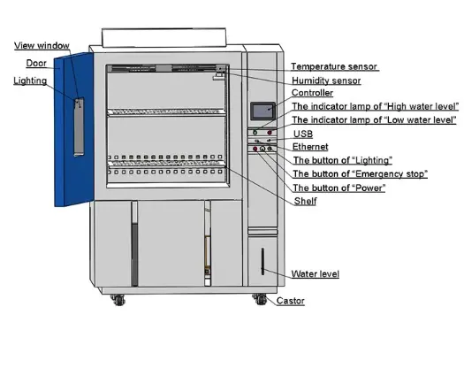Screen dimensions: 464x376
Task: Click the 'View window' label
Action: point(42,46)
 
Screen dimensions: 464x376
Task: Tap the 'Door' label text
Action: point(36,63)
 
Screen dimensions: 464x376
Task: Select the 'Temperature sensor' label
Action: point(334,66)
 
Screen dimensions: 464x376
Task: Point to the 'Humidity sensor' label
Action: point(326,81)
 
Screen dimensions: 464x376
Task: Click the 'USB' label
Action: point(303,134)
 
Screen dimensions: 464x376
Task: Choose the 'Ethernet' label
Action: point(310,147)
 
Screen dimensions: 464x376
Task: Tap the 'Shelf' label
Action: point(305,201)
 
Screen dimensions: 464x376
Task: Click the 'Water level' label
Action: point(316,273)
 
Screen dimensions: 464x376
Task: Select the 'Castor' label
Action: point(290,301)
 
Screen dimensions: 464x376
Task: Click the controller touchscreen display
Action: point(262,111)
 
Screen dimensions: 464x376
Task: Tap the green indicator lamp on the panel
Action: point(255,133)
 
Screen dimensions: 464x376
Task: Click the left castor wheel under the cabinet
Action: point(118,300)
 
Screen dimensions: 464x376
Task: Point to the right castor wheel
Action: point(260,299)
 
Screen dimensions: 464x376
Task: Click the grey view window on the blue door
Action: point(79,127)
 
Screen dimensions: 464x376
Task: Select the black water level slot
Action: point(262,261)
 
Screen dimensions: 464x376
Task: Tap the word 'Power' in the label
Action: point(369,188)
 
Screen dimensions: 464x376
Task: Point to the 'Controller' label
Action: point(312,93)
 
